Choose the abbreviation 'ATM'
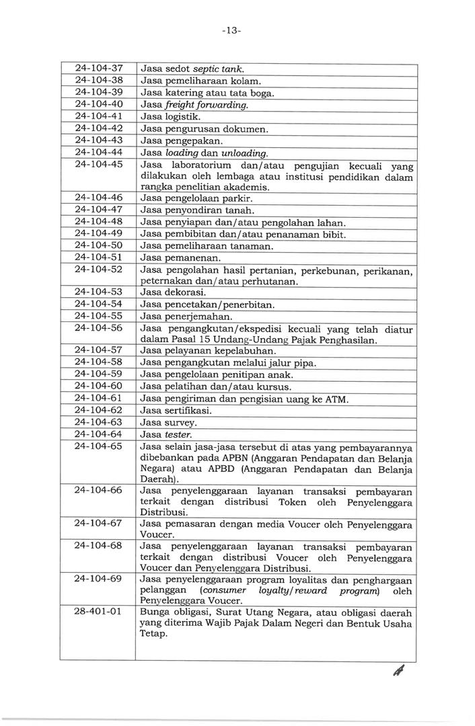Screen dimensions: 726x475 [334, 399]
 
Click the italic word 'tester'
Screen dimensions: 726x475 [178, 434]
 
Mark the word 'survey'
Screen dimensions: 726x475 [179, 423]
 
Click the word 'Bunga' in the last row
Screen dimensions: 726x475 [154, 612]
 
